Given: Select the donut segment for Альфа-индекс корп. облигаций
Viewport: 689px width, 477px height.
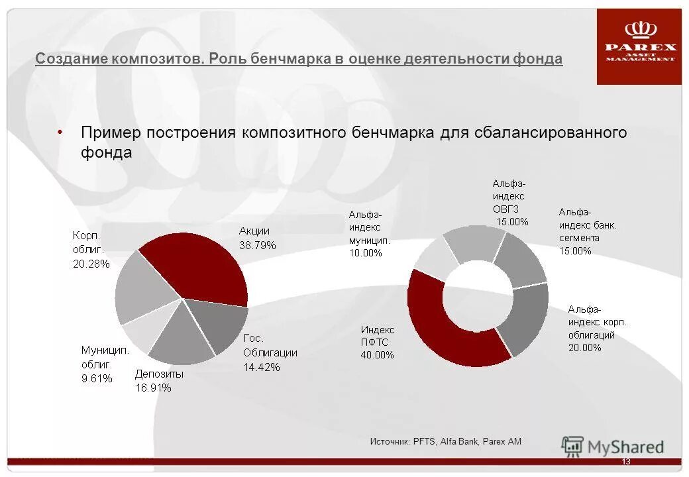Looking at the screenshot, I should click(x=527, y=318).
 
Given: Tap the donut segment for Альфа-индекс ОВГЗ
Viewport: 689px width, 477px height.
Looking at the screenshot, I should click(x=474, y=242).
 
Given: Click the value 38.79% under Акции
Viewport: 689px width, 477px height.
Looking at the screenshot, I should click(x=257, y=245).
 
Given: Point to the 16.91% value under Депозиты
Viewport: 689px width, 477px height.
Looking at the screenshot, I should click(x=153, y=388).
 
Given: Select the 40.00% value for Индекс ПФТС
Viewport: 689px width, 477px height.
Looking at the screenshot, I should click(x=377, y=354).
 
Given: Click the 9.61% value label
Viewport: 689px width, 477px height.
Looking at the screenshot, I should click(x=97, y=378).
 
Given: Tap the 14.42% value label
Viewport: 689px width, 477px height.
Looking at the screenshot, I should click(x=261, y=366).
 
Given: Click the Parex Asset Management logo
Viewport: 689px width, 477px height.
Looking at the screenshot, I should click(x=639, y=46).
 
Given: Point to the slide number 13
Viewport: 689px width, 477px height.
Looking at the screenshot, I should click(x=626, y=462).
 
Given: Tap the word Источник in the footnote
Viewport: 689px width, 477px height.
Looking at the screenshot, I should click(x=389, y=441).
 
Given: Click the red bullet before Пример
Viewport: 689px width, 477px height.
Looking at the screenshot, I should click(x=60, y=132).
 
